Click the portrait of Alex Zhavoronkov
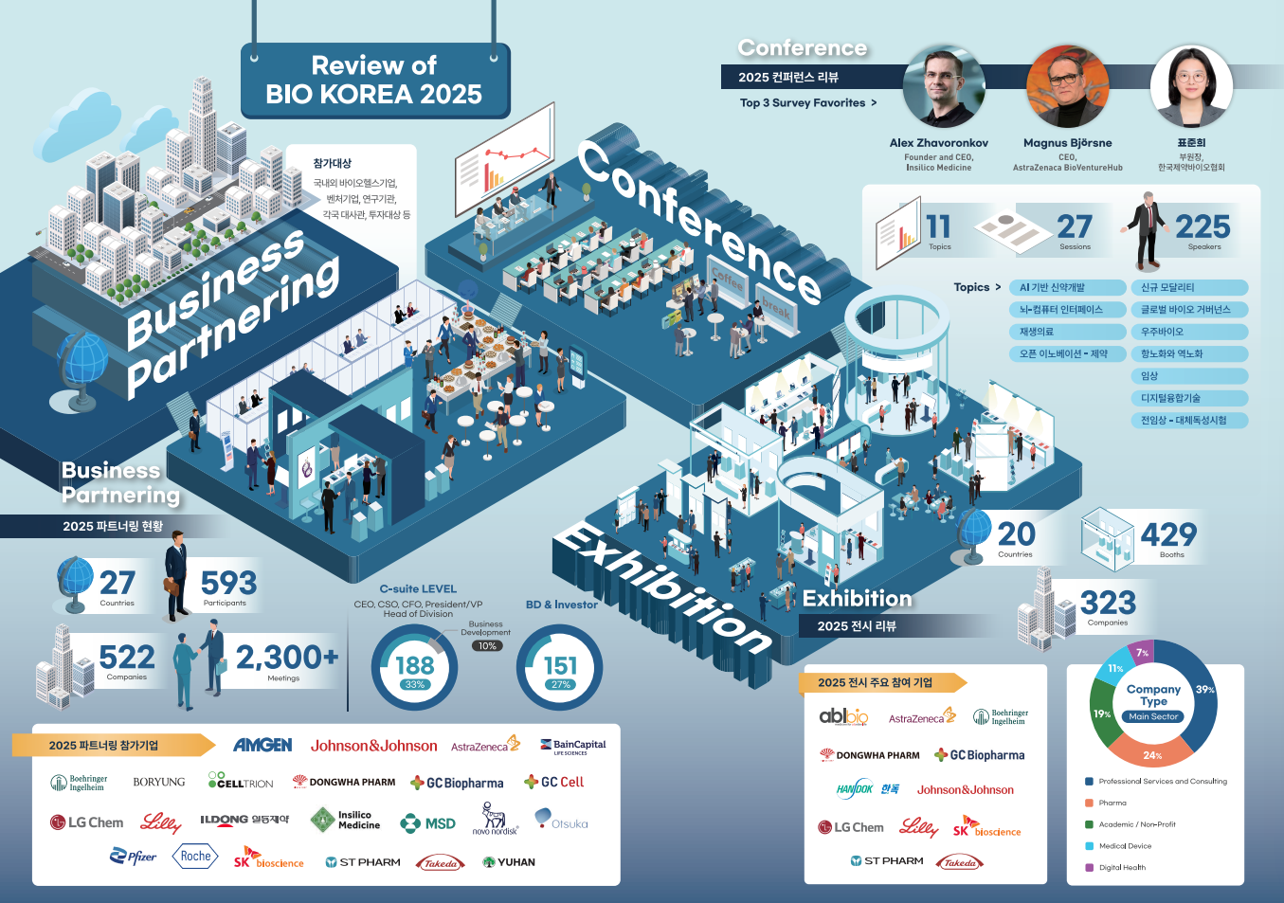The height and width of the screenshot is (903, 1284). click(x=943, y=87)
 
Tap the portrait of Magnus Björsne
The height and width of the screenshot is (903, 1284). click(x=1067, y=87)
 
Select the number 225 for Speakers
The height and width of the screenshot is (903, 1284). click(x=1203, y=226)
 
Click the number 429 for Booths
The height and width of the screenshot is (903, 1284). click(x=1168, y=534)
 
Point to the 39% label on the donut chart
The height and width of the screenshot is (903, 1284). click(x=1204, y=690)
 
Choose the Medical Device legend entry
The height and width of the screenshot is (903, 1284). click(x=1125, y=846)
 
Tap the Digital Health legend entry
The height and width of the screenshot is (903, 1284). click(x=1122, y=868)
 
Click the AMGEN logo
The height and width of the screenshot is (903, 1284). click(x=262, y=746)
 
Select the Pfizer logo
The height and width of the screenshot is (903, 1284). click(x=134, y=857)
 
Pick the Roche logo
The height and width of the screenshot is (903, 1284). click(x=195, y=857)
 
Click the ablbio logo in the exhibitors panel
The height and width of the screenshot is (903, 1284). click(x=843, y=716)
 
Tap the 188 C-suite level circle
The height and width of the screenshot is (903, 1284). click(x=414, y=668)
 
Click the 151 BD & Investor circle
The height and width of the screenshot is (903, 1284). click(x=560, y=668)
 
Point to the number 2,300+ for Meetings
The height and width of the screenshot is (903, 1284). click(x=286, y=657)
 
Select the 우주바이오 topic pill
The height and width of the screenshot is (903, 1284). click(x=1188, y=332)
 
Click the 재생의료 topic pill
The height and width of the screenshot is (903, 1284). click(x=1066, y=332)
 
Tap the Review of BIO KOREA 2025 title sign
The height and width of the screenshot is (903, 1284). click(x=374, y=81)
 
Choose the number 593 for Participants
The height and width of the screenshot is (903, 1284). click(x=228, y=583)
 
